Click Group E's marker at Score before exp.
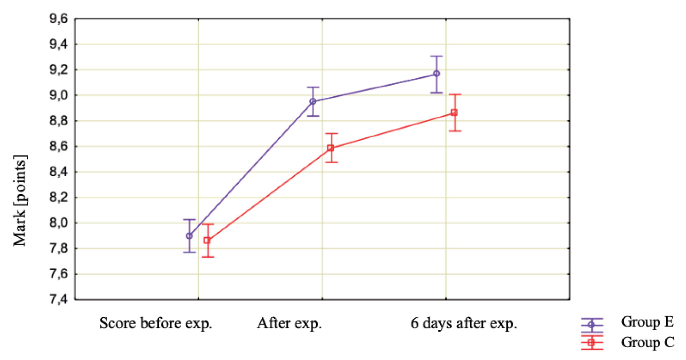(189, 236)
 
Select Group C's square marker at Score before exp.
(207, 240)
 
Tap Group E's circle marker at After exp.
(313, 101)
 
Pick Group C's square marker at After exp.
(331, 148)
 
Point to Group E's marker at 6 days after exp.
(437, 74)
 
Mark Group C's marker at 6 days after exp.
(454, 112)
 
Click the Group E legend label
(647, 322)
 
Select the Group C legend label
(647, 342)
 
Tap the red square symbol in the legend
(592, 342)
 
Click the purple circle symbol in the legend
(592, 325)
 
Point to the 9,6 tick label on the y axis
(59, 19)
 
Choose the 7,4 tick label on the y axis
(59, 299)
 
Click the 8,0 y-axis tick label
(59, 223)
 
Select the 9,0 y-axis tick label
(59, 95)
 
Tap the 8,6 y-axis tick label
(59, 146)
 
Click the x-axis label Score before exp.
(156, 323)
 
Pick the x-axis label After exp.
(289, 323)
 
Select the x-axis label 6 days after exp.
(464, 323)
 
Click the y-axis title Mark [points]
(20, 200)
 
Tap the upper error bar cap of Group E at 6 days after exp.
(437, 56)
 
